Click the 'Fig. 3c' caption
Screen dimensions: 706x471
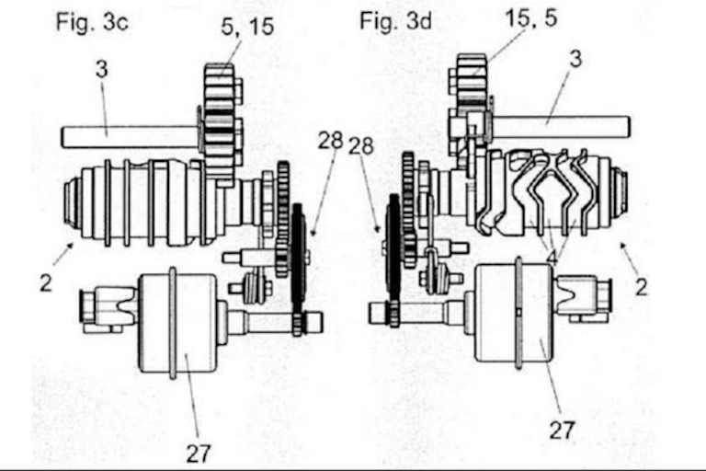(92, 22)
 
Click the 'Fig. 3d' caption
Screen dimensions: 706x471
(395, 21)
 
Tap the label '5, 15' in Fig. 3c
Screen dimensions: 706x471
(247, 27)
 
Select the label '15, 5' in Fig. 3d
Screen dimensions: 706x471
(531, 18)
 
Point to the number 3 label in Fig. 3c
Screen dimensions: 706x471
(102, 69)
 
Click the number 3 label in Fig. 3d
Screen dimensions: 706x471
(575, 59)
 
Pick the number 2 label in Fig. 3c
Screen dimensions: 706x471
(45, 283)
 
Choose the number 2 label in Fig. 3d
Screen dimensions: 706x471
(641, 287)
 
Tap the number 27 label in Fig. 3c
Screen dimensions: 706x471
(199, 454)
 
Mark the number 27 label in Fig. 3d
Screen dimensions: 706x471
(562, 430)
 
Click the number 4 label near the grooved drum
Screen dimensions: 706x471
(552, 258)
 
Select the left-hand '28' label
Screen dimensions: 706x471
(331, 141)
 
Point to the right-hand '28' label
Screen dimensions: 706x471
(361, 145)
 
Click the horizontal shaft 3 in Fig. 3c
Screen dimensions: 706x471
(130, 137)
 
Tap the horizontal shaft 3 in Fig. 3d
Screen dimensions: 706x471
(561, 127)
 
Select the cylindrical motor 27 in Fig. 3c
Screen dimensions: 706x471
(178, 323)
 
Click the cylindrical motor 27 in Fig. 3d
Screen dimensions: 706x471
(514, 313)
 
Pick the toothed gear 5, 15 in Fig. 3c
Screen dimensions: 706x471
(220, 124)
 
